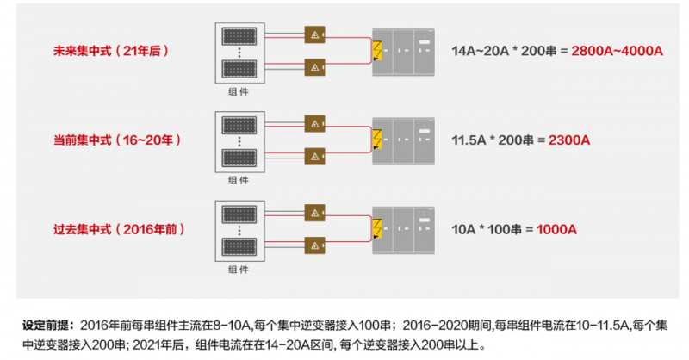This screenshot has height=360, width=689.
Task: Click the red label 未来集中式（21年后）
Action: point(111,51)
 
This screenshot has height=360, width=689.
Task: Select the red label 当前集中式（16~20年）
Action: point(115,139)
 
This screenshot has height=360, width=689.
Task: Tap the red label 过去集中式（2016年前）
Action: point(119,229)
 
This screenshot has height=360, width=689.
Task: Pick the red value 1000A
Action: point(556,229)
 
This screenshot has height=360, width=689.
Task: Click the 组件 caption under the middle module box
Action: point(239,180)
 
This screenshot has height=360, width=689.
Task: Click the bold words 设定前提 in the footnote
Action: point(47,326)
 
